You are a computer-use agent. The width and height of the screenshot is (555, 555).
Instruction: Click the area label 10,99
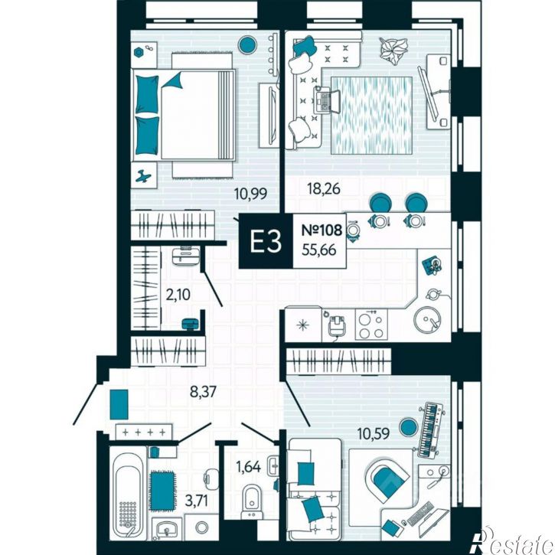point(250,194)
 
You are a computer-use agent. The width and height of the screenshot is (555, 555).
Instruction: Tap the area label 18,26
point(324,188)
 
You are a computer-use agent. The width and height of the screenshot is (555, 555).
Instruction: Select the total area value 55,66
point(319,250)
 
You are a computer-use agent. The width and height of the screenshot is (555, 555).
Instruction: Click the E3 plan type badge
point(266,241)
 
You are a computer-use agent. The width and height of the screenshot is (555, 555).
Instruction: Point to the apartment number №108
point(322,230)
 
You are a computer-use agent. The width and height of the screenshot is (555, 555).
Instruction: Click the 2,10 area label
point(178,294)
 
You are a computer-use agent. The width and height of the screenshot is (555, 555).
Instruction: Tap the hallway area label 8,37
point(203,392)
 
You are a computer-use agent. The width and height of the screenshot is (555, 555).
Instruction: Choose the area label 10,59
point(374,433)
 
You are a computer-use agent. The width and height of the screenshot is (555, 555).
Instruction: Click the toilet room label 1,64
point(248,467)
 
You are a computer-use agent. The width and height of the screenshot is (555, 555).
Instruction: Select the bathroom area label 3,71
point(197,501)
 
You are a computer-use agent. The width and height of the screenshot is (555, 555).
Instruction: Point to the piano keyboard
point(431,429)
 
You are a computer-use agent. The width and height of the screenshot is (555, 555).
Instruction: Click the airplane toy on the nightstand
point(143,175)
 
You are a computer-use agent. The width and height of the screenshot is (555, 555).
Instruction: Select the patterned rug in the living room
point(371,116)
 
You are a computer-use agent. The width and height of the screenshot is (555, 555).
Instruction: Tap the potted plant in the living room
point(393,51)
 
